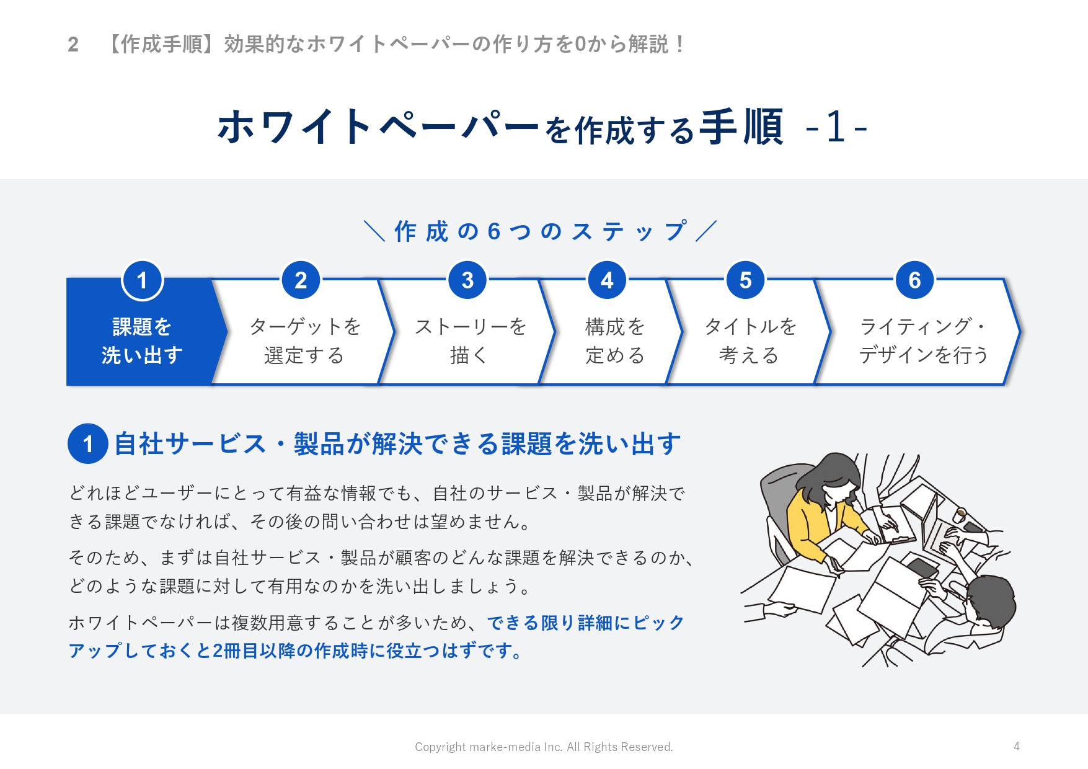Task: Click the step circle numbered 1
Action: point(142,280)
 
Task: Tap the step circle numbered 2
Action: point(301,280)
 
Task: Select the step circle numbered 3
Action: point(467,280)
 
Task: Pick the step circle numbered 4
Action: point(607,280)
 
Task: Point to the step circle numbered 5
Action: point(745,280)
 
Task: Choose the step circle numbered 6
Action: point(914,280)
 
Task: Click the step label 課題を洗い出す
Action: point(142,340)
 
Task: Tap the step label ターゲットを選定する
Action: point(304,340)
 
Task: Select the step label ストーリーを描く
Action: point(470,340)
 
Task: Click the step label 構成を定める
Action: point(615,340)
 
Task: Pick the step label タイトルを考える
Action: point(750,340)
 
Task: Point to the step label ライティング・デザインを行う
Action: point(923,340)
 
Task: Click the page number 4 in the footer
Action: point(1016,746)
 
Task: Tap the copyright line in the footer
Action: point(544,747)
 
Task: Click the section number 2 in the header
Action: point(73,45)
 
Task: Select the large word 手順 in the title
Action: point(741,127)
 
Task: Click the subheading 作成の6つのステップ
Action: point(541,231)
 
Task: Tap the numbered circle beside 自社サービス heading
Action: point(88,443)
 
